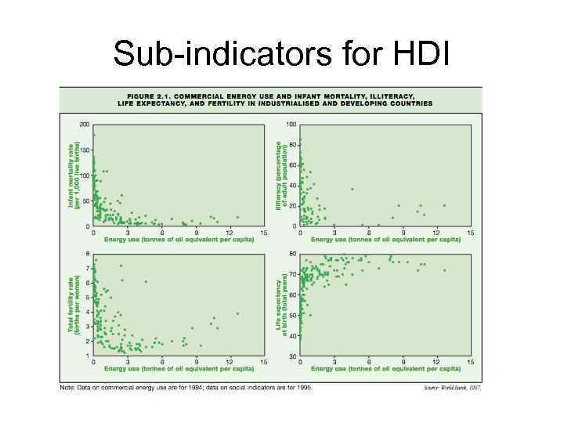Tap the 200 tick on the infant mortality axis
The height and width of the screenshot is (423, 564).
tap(85, 125)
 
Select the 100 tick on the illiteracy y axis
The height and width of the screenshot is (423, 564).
tap(291, 125)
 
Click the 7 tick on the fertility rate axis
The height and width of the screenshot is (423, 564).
tap(88, 267)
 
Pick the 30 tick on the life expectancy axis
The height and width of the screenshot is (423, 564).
tap(292, 356)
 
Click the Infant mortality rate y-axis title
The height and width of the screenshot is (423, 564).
tap(73, 174)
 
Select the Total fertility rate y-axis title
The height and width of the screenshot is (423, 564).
tap(73, 304)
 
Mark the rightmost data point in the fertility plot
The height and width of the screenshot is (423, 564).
tap(237, 313)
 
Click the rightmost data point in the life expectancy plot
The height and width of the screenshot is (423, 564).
tap(444, 270)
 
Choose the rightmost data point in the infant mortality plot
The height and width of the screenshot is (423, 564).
tap(237, 217)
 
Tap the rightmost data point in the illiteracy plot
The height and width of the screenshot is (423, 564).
tap(444, 205)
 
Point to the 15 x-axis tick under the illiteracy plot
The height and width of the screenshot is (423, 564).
tap(470, 233)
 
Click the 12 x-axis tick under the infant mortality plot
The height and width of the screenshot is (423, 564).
tap(230, 233)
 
